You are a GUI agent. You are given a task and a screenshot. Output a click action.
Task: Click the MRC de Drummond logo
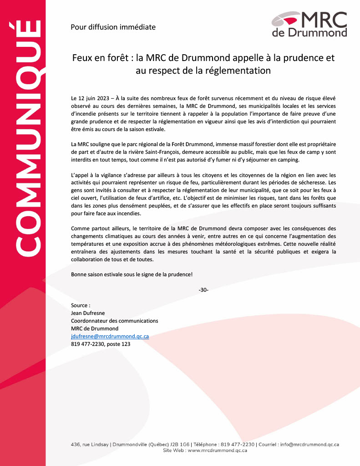click(309, 24)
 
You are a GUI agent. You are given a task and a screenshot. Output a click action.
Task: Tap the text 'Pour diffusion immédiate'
click(113, 27)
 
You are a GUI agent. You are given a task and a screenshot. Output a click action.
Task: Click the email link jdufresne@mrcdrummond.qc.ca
click(110, 336)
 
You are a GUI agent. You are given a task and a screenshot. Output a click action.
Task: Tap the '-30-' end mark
click(203, 290)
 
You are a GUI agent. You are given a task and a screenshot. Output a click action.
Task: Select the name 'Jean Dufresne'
click(88, 313)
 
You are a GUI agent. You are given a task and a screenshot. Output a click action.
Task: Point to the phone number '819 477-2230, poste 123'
click(101, 344)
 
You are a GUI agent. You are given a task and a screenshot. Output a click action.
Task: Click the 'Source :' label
click(81, 305)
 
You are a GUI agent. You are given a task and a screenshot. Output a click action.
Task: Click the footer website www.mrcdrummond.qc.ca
click(218, 450)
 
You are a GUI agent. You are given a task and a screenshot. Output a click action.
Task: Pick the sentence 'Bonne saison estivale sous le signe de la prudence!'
click(132, 275)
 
